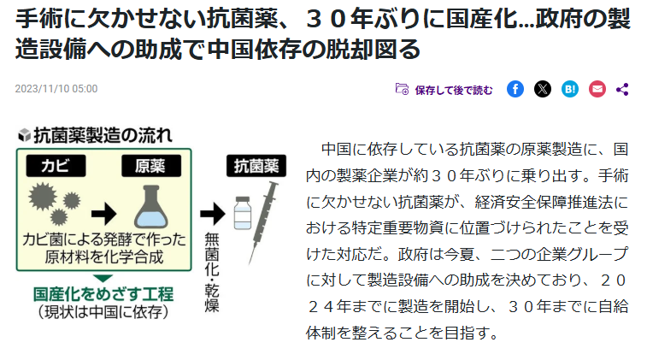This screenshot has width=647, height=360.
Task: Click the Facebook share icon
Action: coord(515,89)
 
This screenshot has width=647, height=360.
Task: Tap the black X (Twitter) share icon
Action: coord(543,89)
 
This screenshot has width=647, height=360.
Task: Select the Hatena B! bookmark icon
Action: coord(570,89)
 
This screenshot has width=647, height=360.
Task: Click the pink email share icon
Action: coord(597,89)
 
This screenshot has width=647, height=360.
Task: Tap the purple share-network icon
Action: coord(622,90)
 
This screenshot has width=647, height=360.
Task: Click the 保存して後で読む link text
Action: coord(454,90)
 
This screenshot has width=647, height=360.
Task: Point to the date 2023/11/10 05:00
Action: coord(56,89)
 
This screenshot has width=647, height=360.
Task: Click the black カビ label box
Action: coord(56,166)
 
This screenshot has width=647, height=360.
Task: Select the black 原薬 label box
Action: coord(151,166)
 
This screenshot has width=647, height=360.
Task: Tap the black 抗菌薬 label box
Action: coord(256,166)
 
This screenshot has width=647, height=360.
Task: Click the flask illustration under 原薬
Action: coord(151,206)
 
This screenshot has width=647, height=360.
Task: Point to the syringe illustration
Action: coord(263,223)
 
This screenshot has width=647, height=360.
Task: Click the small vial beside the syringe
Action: coord(243,213)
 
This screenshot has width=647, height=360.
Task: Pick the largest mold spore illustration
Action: coord(43,197)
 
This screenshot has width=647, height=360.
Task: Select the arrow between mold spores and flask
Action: coord(104,214)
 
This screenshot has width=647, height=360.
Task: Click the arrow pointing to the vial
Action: coord(213,214)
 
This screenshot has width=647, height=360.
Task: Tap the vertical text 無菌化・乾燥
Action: coord(212,273)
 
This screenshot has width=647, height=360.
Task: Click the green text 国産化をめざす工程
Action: coord(103,294)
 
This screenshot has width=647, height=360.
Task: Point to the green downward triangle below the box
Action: coord(103,278)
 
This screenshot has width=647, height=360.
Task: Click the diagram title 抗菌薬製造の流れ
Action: coord(103,135)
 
